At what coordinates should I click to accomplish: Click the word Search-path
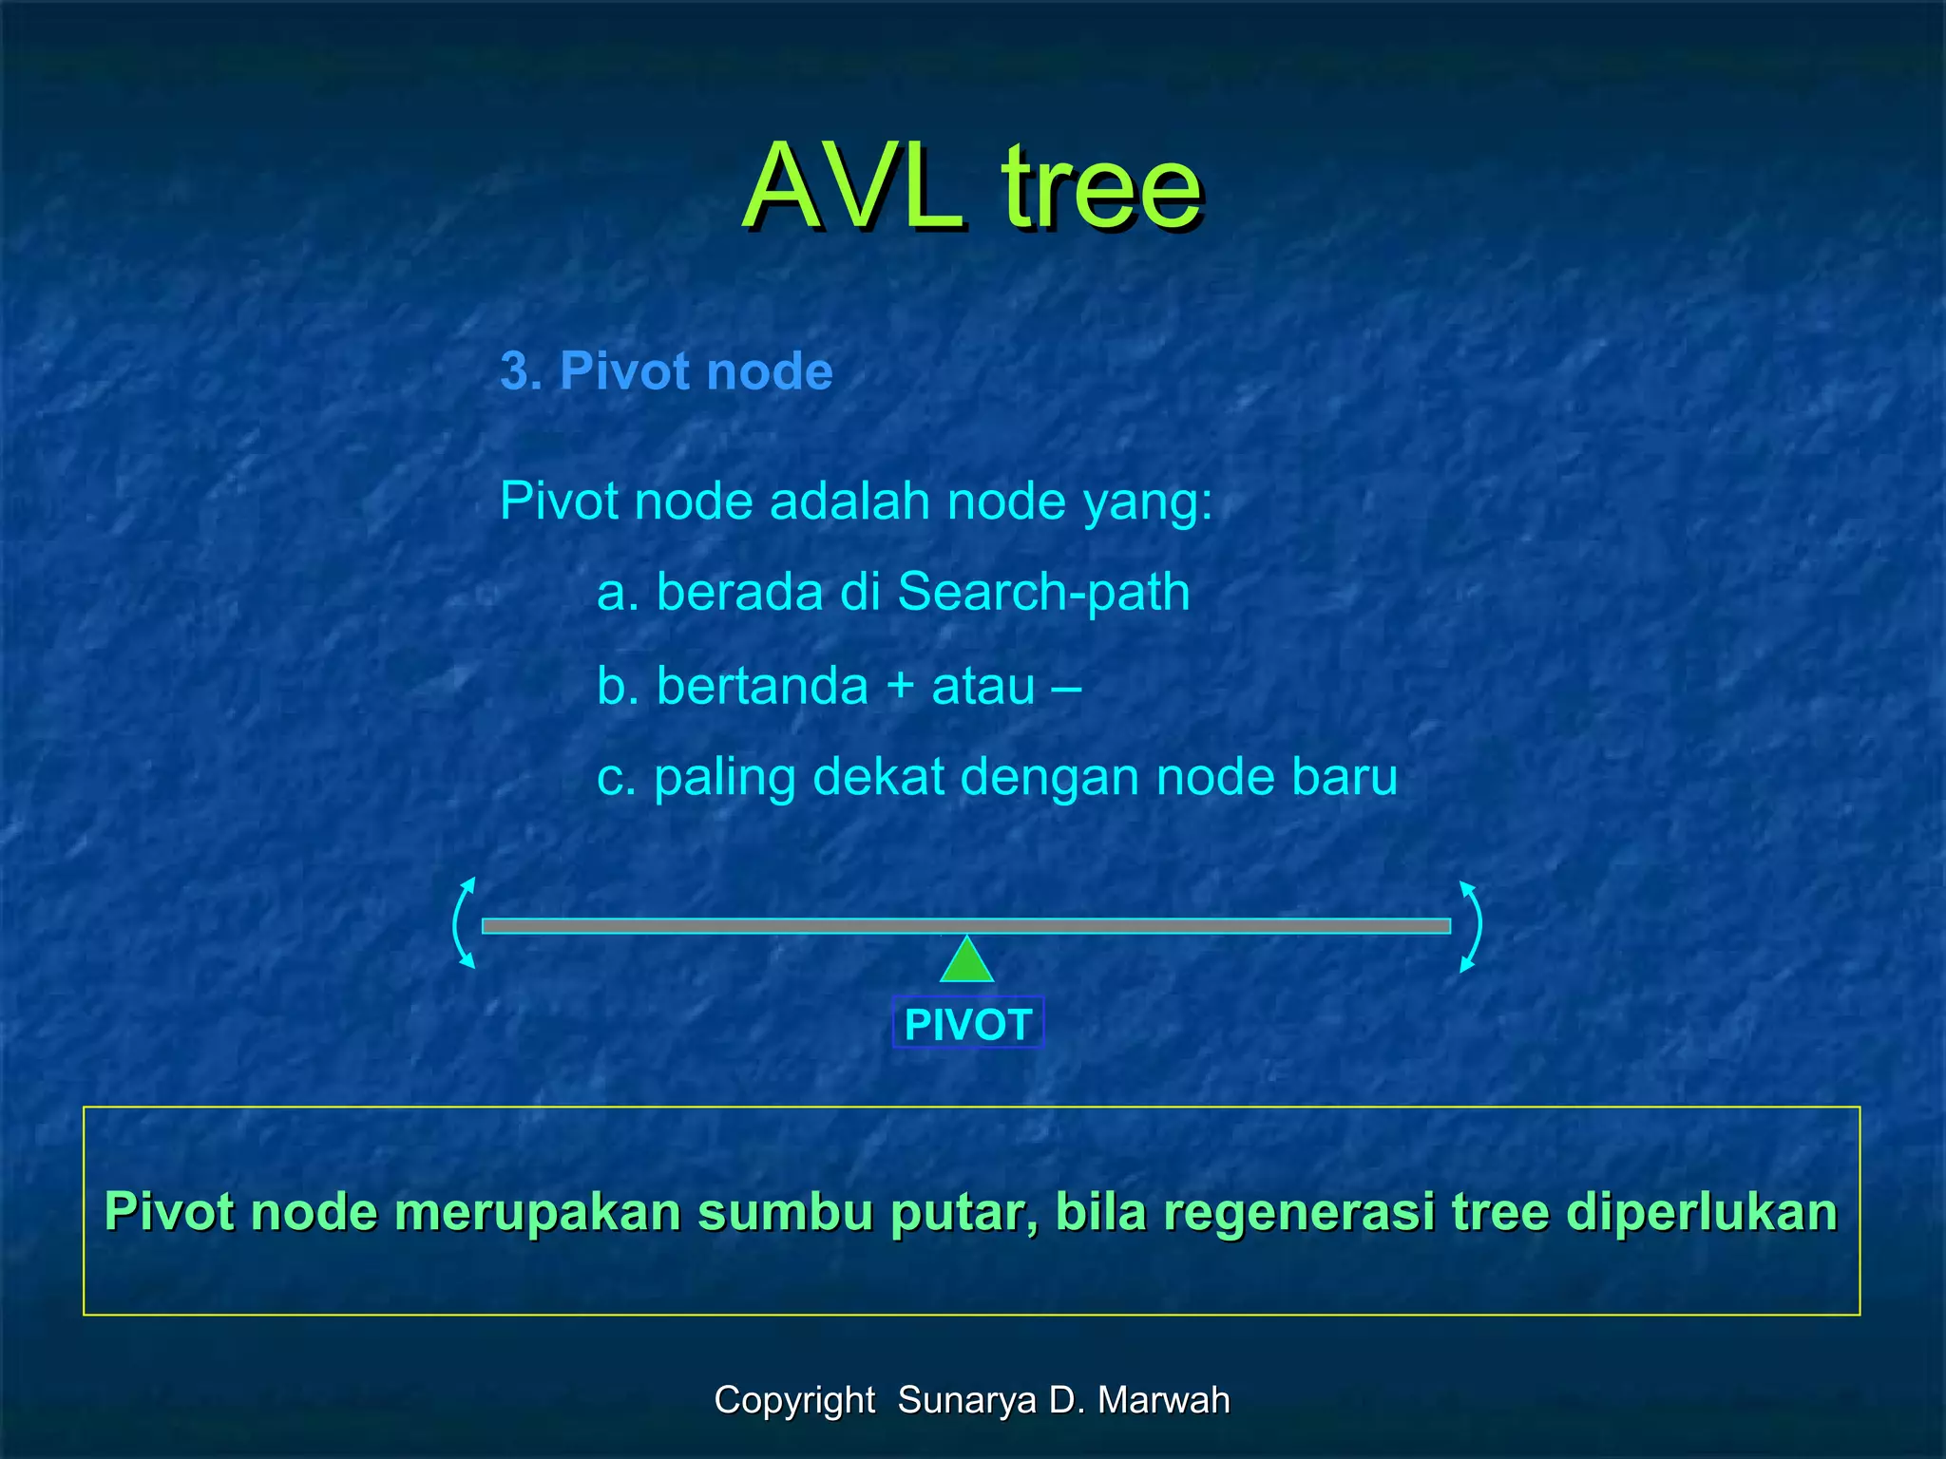click(x=1042, y=593)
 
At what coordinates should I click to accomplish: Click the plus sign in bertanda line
click(x=900, y=687)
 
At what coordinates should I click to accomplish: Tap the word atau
click(x=983, y=687)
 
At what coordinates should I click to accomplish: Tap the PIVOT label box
click(x=967, y=1024)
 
